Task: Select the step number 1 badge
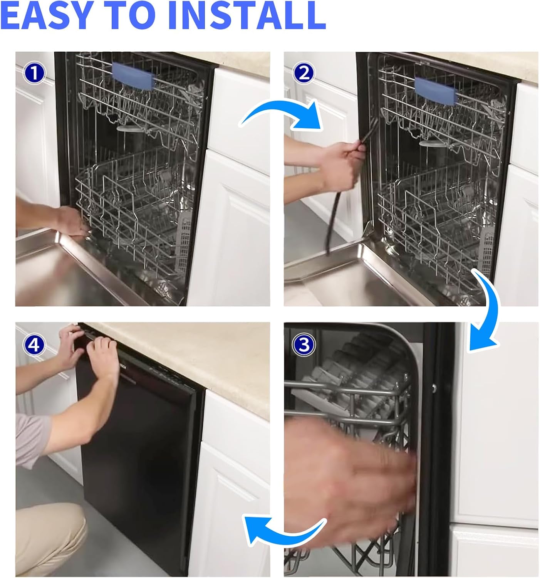click(34, 73)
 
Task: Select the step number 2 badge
click(303, 73)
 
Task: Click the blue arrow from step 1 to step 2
click(281, 112)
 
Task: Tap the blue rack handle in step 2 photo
click(436, 91)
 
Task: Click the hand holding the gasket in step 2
click(343, 166)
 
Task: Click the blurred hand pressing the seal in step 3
click(349, 477)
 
